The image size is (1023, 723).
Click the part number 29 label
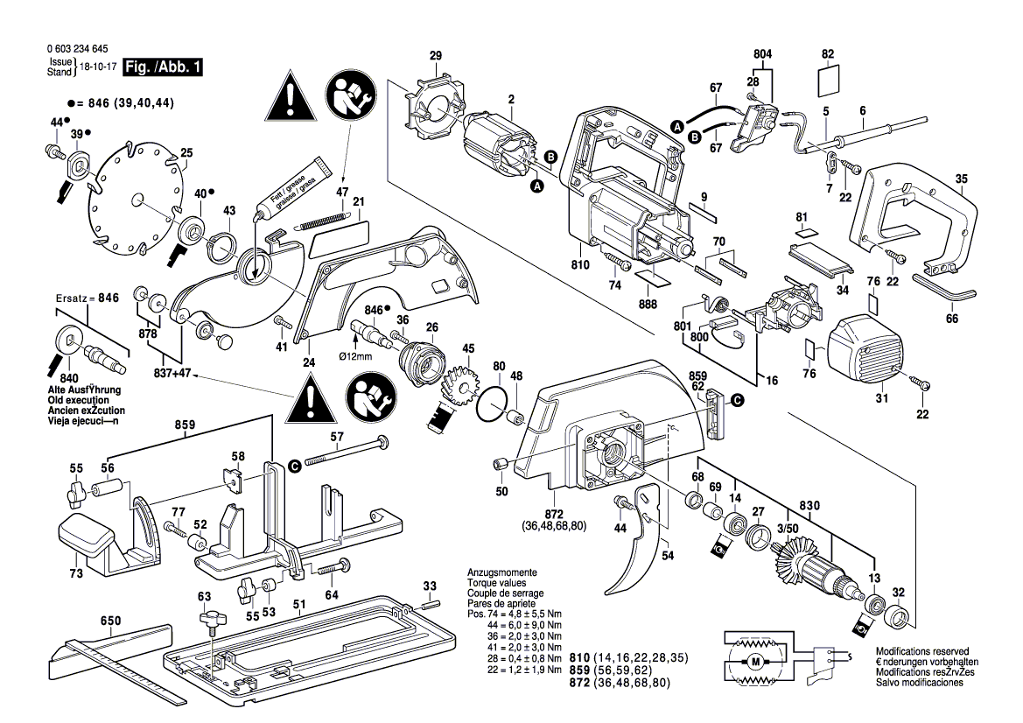pos(436,57)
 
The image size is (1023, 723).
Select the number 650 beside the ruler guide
pos(110,621)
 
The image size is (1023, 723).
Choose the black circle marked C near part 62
pos(736,399)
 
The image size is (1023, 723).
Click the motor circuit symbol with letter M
pos(753,661)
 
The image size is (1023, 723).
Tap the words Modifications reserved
pos(921,652)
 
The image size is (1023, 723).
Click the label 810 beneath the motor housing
pos(579,263)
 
